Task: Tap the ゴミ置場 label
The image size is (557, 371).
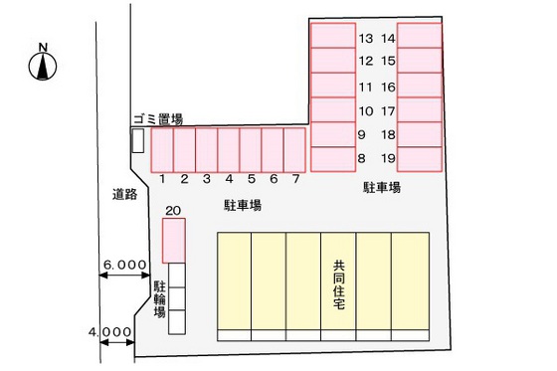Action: click(157, 119)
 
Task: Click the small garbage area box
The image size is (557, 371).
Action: click(137, 140)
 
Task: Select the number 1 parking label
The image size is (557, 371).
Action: click(161, 180)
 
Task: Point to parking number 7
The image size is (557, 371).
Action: click(295, 180)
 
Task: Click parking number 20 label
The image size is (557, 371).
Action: click(173, 210)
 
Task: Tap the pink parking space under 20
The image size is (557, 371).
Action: click(174, 240)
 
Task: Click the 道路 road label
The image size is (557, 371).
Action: click(123, 196)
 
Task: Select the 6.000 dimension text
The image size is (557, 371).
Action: click(125, 266)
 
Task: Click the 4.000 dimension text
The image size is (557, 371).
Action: click(108, 332)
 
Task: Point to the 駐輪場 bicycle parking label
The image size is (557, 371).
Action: click(159, 298)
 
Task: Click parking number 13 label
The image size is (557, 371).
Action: click(366, 39)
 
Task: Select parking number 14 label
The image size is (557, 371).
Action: click(389, 39)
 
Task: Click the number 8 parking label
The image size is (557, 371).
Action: click(361, 157)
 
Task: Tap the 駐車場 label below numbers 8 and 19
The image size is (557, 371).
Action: click(381, 187)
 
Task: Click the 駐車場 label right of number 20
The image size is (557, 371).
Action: click(242, 205)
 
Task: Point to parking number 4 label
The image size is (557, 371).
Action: click(228, 180)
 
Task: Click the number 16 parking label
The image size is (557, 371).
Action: click(389, 87)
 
